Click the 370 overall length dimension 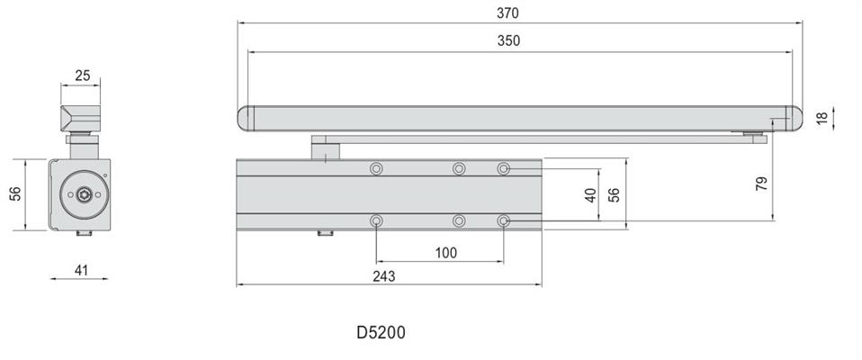click(507, 13)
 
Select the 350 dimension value click(508, 40)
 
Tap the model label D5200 click(381, 332)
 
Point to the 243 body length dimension click(383, 276)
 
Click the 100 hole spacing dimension click(445, 253)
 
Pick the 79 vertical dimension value click(762, 184)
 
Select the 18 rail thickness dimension click(822, 118)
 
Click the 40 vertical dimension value click(590, 195)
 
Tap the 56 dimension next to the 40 click(614, 195)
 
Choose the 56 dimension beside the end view click(15, 193)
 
